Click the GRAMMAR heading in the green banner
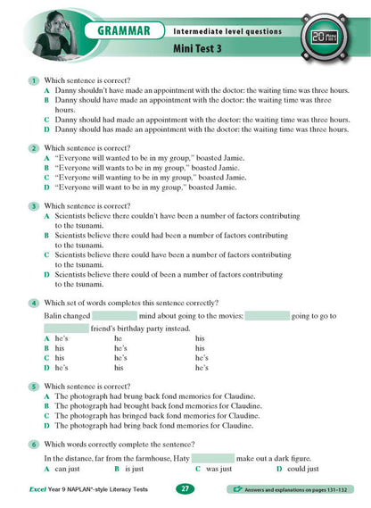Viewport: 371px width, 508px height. point(128,31)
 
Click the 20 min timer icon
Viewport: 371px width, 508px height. point(328,38)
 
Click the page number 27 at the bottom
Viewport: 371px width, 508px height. point(185,489)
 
